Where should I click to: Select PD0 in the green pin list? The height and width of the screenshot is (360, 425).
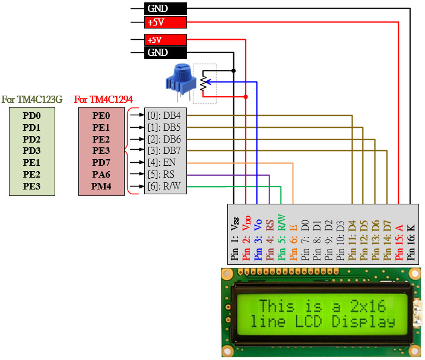click(31, 116)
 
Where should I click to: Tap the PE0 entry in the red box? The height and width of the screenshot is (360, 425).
click(102, 116)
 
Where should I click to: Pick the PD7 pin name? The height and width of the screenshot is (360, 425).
click(102, 163)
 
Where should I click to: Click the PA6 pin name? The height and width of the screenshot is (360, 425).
click(102, 175)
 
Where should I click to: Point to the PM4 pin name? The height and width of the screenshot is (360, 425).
click(102, 187)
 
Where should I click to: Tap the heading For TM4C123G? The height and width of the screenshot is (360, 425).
click(32, 99)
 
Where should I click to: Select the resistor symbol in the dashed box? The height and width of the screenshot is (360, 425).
click(204, 84)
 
